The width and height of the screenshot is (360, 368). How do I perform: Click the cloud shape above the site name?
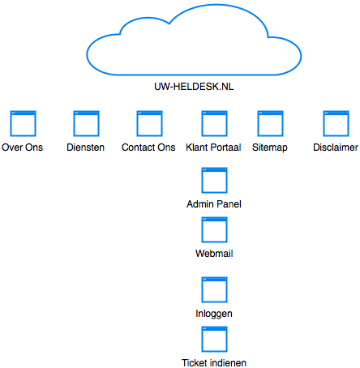pos(194,74)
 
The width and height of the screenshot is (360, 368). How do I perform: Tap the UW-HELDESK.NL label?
pos(194,87)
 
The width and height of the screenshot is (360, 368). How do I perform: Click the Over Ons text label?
pos(22,148)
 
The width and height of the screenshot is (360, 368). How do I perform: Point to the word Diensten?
pos(85,148)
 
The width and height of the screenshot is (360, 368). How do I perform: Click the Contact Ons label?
pos(148,148)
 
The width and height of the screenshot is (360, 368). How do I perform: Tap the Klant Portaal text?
pos(213,148)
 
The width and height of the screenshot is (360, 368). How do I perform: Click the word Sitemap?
pos(270,148)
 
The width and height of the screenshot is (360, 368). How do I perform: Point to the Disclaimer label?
pos(336,148)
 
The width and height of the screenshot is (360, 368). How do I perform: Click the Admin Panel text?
pos(214,204)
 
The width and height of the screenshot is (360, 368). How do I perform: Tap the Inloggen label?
pos(214,314)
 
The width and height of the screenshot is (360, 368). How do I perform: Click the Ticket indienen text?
pos(214,363)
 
